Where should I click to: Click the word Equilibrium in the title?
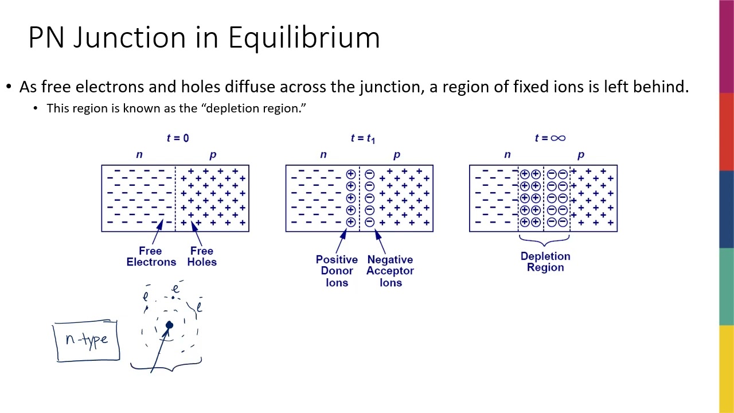click(304, 38)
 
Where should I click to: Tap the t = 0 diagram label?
click(178, 138)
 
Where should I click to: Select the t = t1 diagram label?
click(362, 138)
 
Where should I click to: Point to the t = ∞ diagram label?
click(549, 138)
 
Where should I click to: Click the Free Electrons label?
click(151, 256)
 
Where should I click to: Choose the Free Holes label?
click(202, 256)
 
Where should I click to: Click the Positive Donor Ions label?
click(337, 271)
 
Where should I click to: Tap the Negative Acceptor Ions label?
click(390, 271)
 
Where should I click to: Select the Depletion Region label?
click(545, 262)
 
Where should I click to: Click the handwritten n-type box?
click(87, 340)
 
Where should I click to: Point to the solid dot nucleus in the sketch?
click(169, 326)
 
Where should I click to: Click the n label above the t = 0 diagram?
click(139, 154)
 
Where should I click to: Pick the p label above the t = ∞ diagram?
click(581, 154)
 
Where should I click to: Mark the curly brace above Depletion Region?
click(544, 240)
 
